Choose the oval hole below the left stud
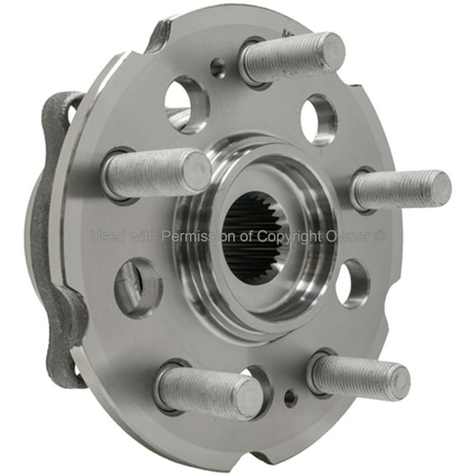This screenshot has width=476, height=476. pyautogui.click(x=138, y=287)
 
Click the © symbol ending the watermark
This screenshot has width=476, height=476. pyautogui.click(x=380, y=236)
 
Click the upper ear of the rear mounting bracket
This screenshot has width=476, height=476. pyautogui.click(x=63, y=112)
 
